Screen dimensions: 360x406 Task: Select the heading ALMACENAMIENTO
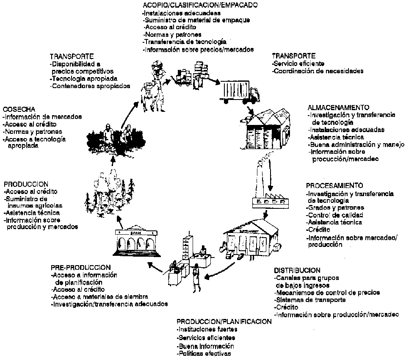coord(338,108)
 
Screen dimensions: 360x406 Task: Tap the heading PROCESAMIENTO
coord(334,186)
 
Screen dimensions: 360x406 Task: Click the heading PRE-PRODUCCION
coord(80,268)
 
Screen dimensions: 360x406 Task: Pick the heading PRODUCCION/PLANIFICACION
coord(224,321)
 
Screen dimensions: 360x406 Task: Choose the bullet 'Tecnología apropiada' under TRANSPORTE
coord(83,79)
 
